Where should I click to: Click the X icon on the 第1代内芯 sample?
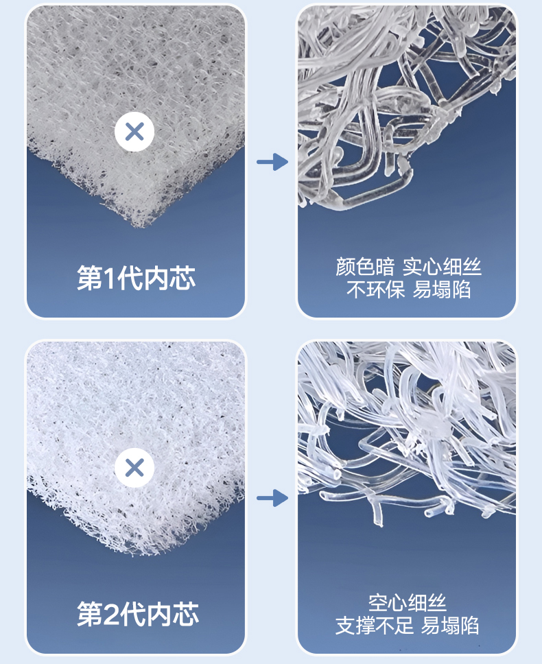[134, 131]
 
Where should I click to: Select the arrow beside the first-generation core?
[272, 162]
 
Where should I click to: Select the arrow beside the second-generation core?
[272, 498]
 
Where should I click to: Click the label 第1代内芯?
[136, 278]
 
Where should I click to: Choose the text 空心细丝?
[408, 603]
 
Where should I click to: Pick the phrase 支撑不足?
[375, 626]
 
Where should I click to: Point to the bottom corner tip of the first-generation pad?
[138, 225]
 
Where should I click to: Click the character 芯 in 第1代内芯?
[182, 278]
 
